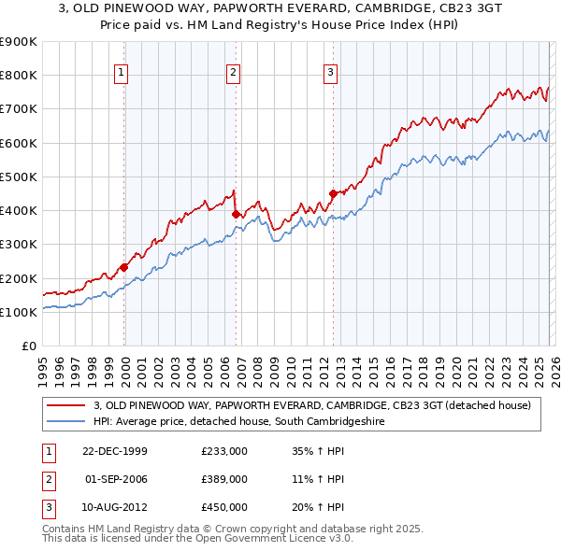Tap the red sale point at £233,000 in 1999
coord(124,267)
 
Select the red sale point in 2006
coord(236,214)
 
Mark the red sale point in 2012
coord(332,193)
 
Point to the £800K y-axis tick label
coord(19,75)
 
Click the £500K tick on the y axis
coord(19,177)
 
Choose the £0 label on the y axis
coord(28,346)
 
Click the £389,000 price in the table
coord(223,479)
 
